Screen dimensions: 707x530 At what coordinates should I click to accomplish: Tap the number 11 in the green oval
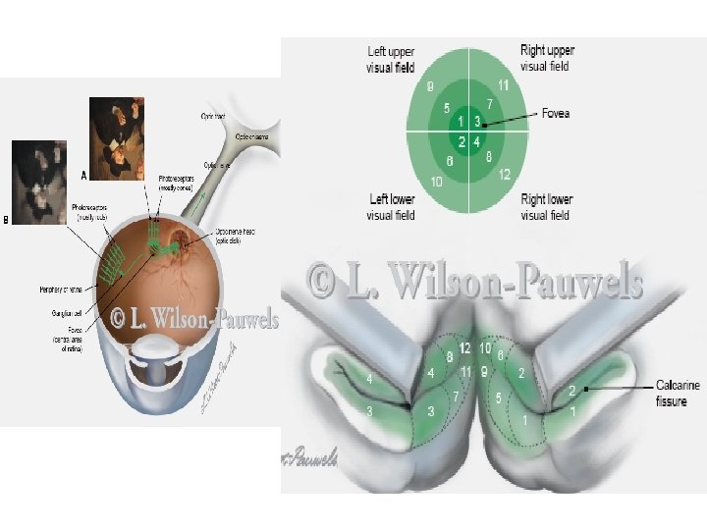[x=503, y=85]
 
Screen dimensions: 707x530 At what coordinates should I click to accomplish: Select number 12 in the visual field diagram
[x=504, y=175]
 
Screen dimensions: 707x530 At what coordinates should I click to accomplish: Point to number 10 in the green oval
[x=435, y=183]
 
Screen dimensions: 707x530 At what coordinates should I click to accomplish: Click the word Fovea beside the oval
[x=555, y=114]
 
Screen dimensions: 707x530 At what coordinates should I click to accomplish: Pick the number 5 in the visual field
[x=447, y=108]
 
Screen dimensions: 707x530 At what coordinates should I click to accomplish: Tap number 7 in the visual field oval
[x=489, y=104]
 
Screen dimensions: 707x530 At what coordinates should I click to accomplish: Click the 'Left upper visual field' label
[x=391, y=59]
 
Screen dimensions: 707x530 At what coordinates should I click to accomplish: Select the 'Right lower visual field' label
[x=546, y=207]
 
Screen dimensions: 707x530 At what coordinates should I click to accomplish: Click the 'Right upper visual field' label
[x=547, y=58]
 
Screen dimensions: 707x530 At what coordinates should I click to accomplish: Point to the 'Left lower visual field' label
[x=391, y=207]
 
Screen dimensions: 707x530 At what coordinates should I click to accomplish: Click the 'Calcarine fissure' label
[x=678, y=393]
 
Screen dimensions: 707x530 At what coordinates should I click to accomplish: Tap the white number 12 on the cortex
[x=465, y=349]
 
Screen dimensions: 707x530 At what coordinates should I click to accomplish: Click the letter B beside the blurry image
[x=7, y=220]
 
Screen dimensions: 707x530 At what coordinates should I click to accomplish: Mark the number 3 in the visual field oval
[x=477, y=122]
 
